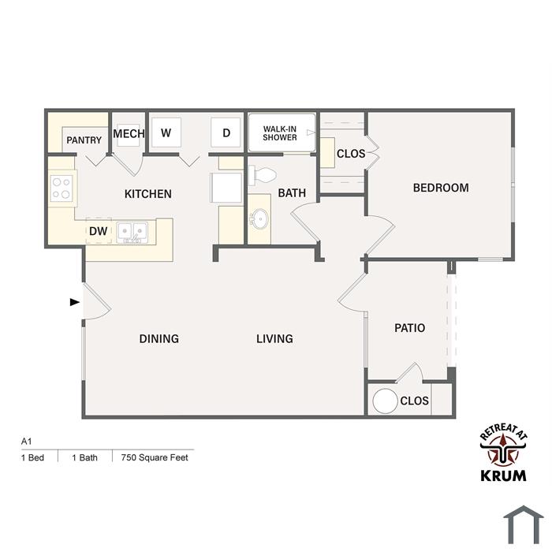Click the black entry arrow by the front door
(x=75, y=302)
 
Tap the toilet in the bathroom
(x=263, y=175)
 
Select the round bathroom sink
(x=259, y=218)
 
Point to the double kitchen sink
(x=132, y=232)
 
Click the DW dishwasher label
(x=99, y=231)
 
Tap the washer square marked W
(x=166, y=132)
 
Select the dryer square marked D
(x=226, y=132)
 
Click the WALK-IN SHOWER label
(x=280, y=133)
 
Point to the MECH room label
(x=129, y=133)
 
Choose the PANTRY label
(x=84, y=140)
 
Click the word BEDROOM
(x=441, y=188)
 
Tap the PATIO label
(x=409, y=328)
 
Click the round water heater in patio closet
(x=385, y=401)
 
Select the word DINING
(x=159, y=338)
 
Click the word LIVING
(x=274, y=338)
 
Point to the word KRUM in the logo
(x=503, y=476)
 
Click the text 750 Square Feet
(x=155, y=457)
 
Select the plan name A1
(x=26, y=441)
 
